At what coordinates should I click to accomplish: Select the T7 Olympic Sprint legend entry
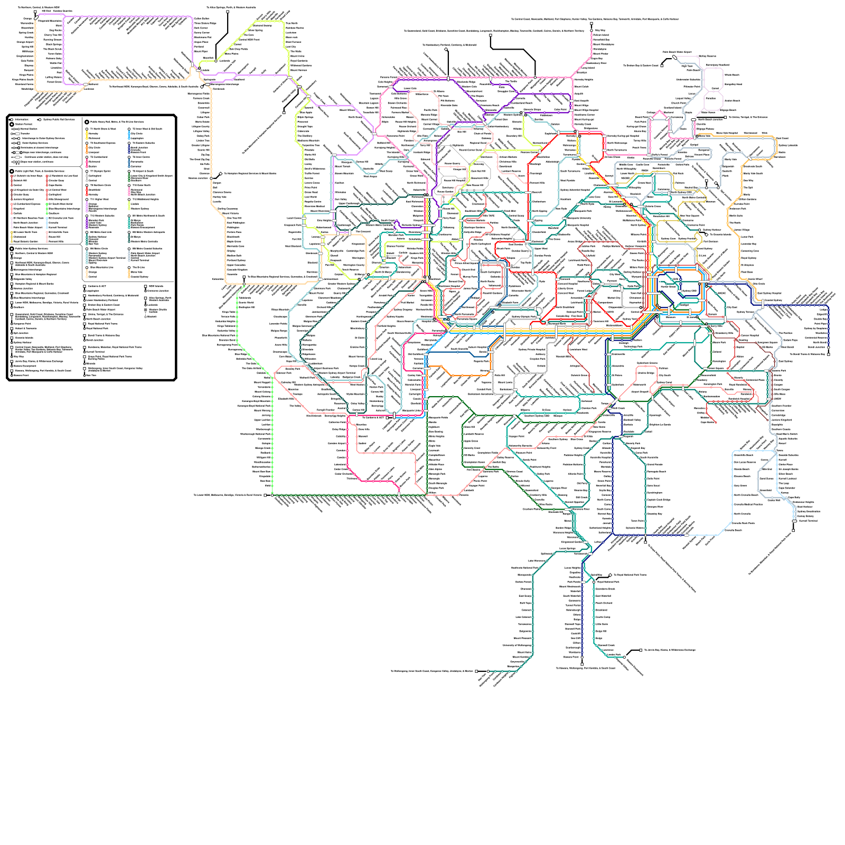coord(100,171)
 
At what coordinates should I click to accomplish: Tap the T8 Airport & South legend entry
coord(143,171)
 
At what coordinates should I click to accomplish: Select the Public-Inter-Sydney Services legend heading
coord(32,248)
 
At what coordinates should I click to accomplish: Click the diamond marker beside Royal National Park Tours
coord(610,575)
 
